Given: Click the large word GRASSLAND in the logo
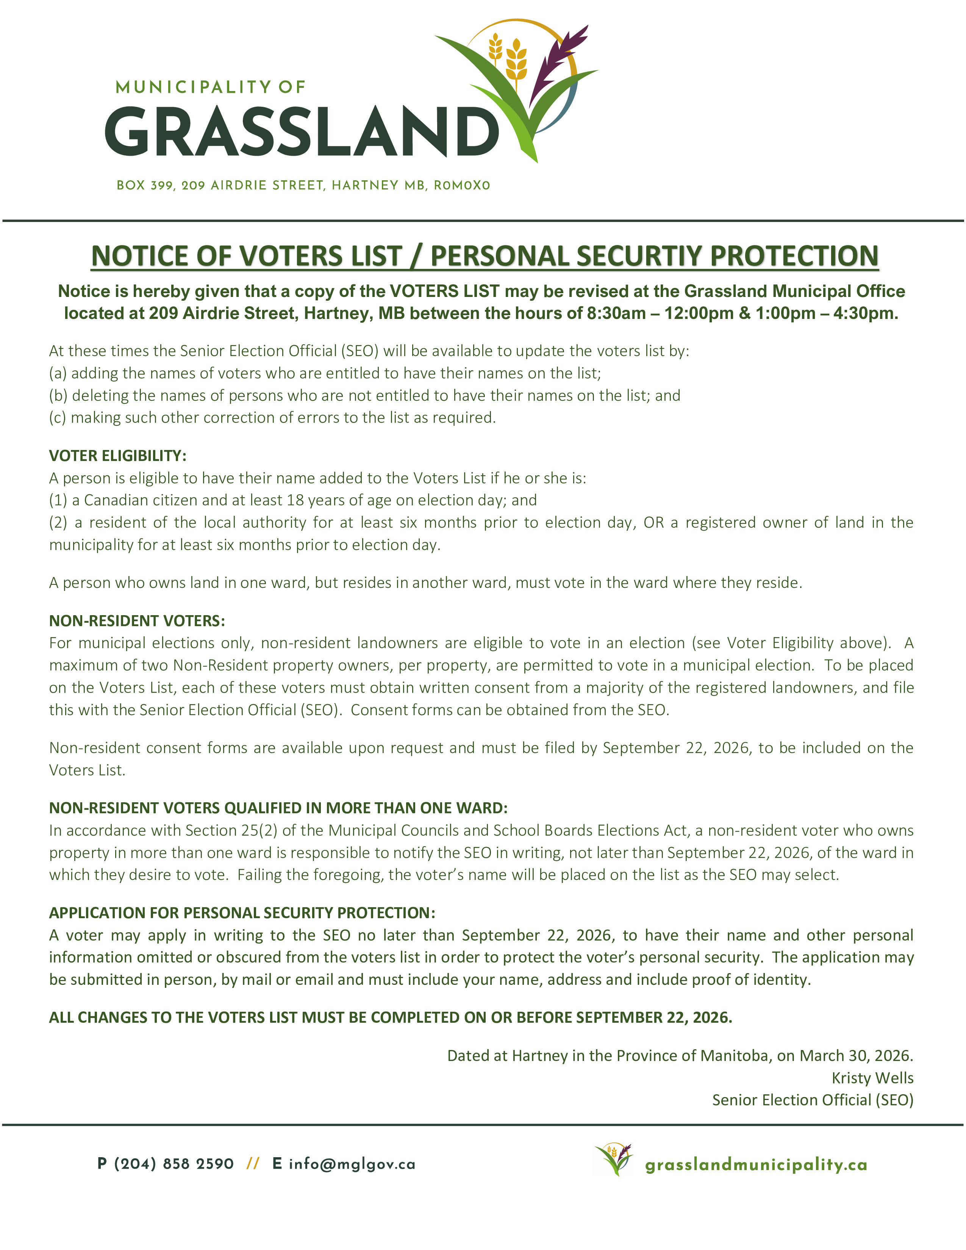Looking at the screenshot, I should pyautogui.click(x=302, y=132).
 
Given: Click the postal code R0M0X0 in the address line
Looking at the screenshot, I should pyautogui.click(x=462, y=186).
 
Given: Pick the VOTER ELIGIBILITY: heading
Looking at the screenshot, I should pyautogui.click(x=117, y=456).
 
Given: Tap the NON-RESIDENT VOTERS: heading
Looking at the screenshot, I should pyautogui.click(x=137, y=621).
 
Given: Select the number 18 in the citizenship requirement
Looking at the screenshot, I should pyautogui.click(x=295, y=500).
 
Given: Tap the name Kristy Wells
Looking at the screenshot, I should pyautogui.click(x=872, y=1078).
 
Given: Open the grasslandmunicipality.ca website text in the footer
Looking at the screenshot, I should pyautogui.click(x=756, y=1165).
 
